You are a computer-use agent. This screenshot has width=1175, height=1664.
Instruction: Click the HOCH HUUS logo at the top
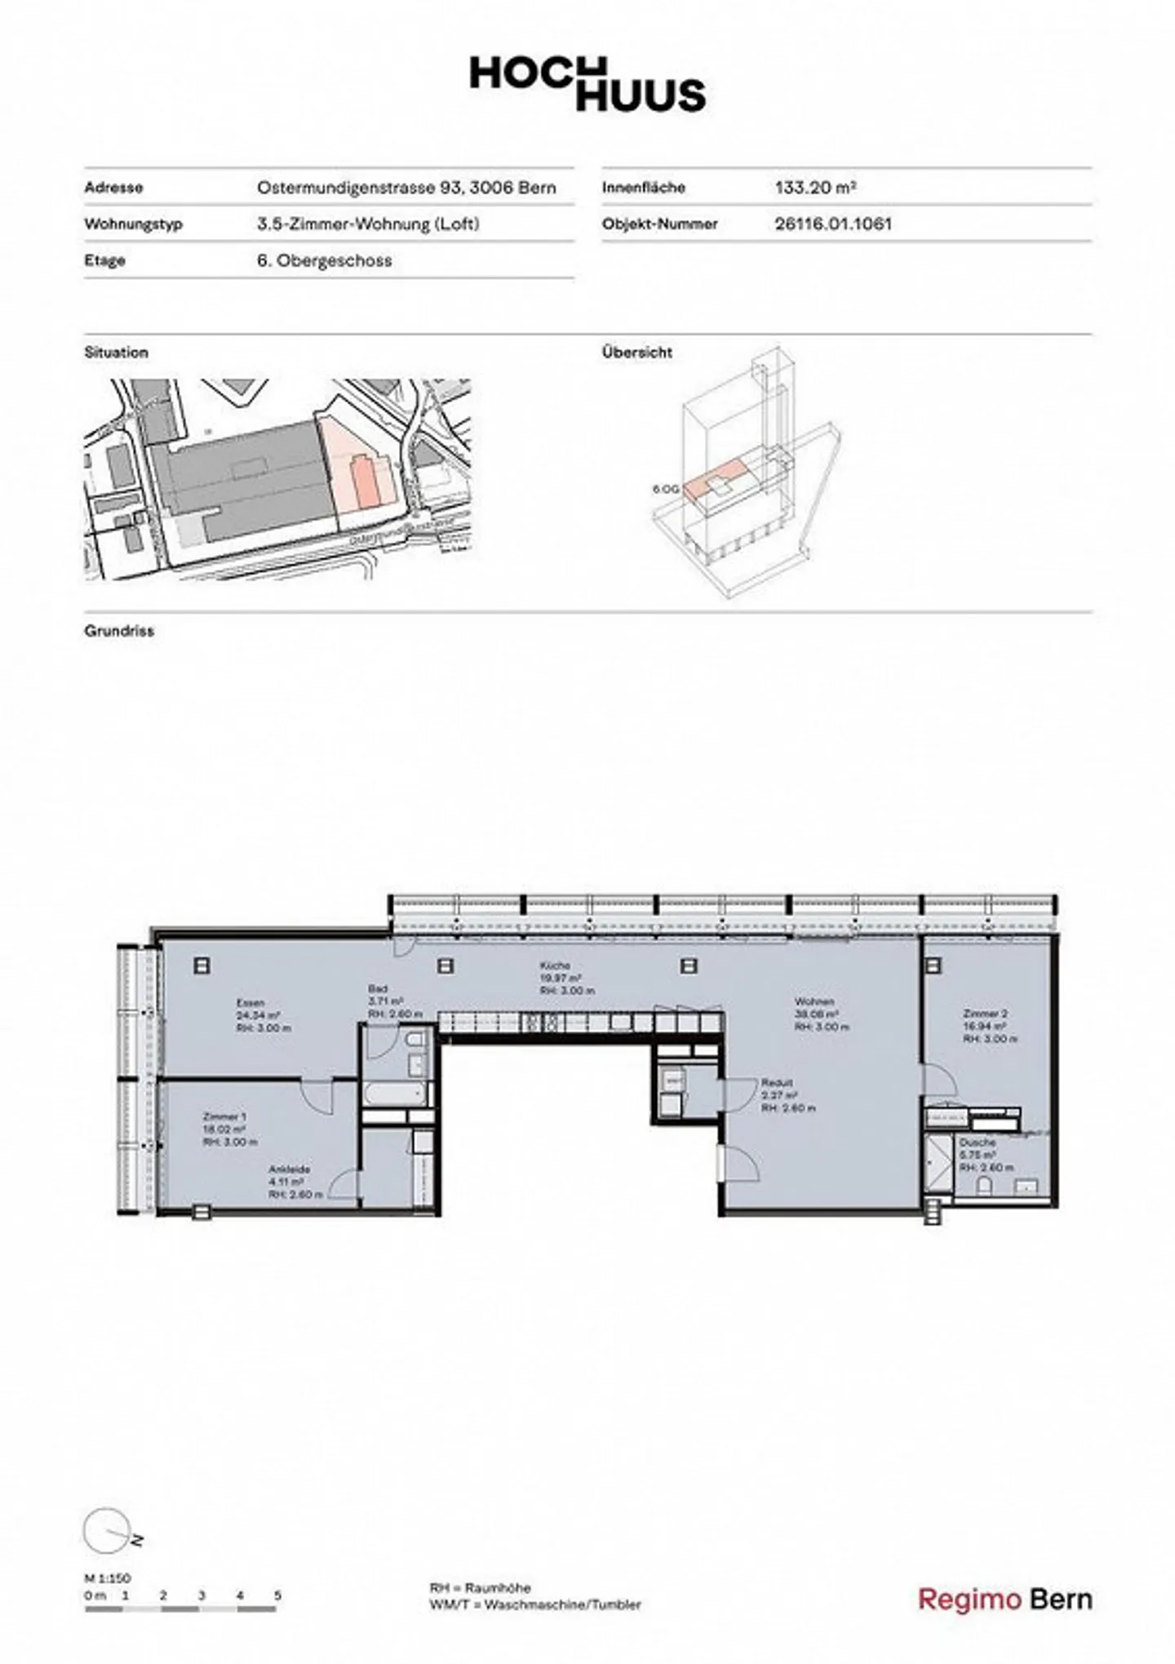(587, 84)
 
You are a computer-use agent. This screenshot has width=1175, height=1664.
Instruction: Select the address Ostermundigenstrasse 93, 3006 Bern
(406, 188)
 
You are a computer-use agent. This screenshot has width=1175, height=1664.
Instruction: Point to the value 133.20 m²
(814, 188)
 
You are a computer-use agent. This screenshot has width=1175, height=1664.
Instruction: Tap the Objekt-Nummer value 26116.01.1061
(833, 224)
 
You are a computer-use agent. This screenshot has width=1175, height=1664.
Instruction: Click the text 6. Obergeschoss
(324, 260)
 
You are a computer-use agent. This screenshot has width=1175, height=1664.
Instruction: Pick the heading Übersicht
(636, 353)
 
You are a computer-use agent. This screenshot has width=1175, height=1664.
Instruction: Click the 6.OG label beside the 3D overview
(665, 490)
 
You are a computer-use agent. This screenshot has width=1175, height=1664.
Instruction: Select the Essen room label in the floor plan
(251, 1003)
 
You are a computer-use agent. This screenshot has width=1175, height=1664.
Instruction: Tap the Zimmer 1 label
(224, 1116)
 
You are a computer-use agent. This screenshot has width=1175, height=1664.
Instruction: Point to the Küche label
(555, 965)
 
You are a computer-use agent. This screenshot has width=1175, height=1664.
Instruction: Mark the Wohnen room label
(814, 1001)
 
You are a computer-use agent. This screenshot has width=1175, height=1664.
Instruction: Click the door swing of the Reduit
(741, 1094)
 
